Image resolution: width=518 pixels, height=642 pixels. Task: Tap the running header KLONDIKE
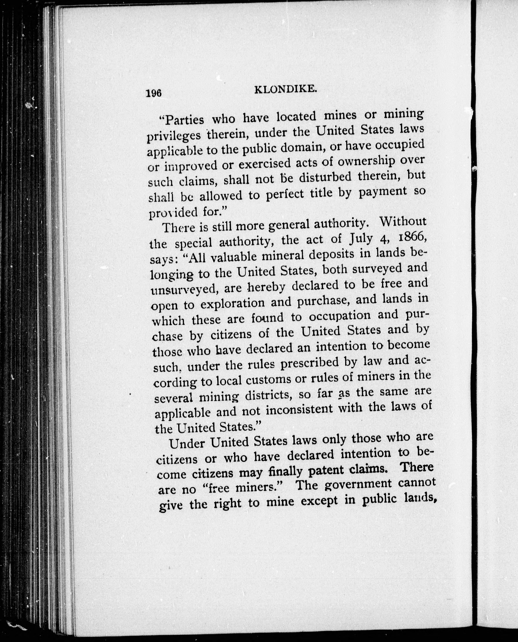pyautogui.click(x=285, y=90)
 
